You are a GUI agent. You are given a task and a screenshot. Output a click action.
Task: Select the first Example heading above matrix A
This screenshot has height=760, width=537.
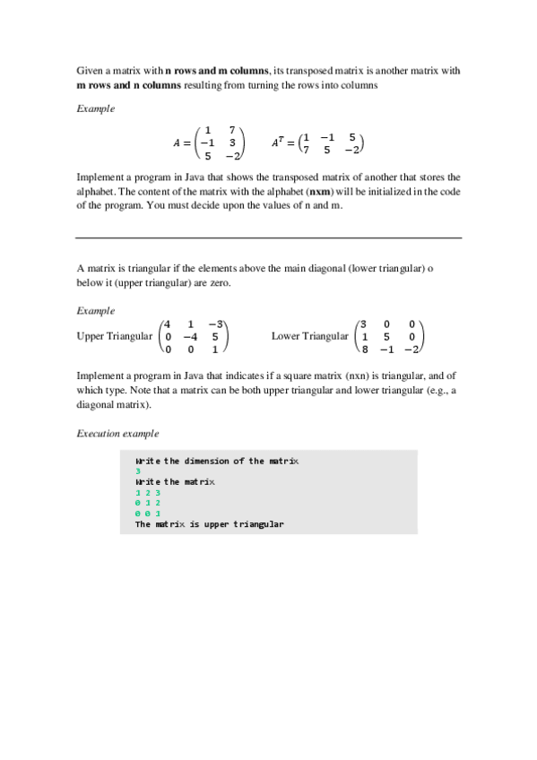pos(95,108)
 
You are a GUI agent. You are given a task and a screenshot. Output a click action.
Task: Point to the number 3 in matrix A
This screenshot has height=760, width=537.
pos(232,142)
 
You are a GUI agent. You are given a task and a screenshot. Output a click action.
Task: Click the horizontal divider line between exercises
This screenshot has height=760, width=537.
pos(269,237)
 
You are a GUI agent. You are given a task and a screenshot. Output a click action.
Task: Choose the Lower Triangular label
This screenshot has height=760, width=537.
pos(309,336)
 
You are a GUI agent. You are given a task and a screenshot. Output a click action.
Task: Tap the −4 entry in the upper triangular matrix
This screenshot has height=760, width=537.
pos(189,337)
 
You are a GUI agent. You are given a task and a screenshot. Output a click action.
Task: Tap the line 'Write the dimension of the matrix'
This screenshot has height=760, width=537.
pos(217,461)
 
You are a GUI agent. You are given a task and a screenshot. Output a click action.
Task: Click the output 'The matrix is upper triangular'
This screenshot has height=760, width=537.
pos(209,524)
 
